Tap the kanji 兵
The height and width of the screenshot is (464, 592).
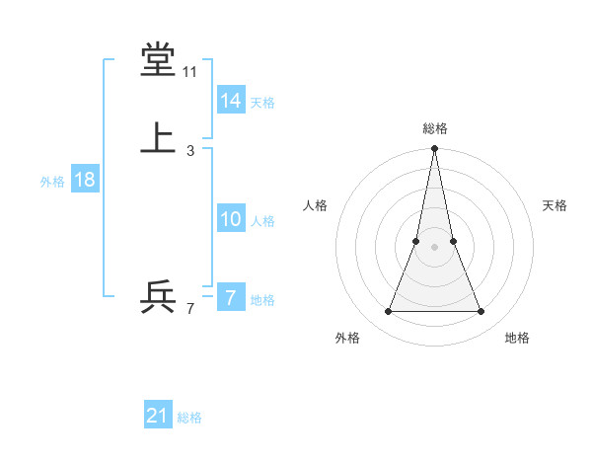158,296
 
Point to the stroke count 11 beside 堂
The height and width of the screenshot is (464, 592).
189,72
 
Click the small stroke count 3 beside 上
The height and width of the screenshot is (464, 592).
190,151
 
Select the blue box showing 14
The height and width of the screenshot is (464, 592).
231,101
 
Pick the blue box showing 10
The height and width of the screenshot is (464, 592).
231,219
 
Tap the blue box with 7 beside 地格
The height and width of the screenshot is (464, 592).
231,298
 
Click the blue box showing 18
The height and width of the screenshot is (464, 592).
84,180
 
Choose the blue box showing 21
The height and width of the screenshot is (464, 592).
158,416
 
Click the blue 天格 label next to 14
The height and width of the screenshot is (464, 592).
262,103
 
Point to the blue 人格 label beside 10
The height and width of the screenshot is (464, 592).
262,221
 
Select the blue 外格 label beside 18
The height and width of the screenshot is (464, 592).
52,182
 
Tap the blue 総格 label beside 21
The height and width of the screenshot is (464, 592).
189,418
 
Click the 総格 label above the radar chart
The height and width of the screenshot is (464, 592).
434,128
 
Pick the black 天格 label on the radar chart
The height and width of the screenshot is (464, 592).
555,205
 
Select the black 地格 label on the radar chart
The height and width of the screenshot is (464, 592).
517,338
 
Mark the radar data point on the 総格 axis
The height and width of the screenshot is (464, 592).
434,150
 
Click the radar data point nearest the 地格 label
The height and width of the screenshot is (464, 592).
481,312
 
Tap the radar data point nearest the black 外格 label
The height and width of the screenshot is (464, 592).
388,312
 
